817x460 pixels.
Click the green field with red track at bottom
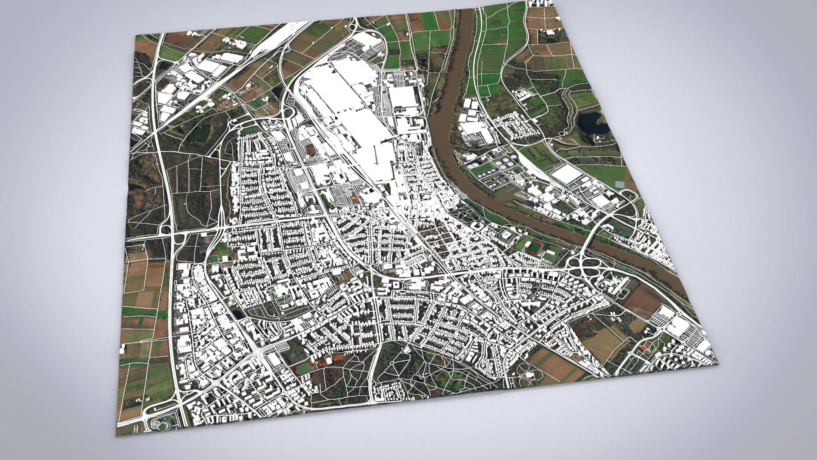(x=303, y=368)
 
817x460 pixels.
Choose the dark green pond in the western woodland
(x=200, y=132)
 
